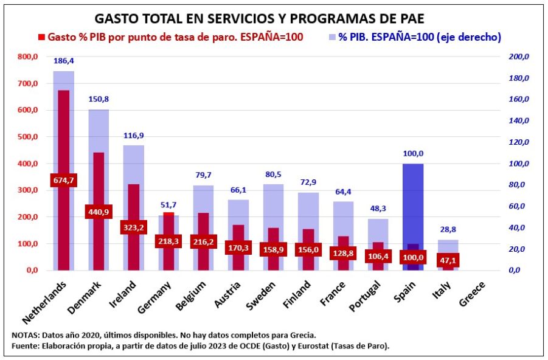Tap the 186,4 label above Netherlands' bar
pyautogui.click(x=63, y=61)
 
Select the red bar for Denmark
pyautogui.click(x=99, y=182)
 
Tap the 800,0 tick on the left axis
pyautogui.click(x=27, y=57)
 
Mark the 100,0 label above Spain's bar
pyautogui.click(x=413, y=154)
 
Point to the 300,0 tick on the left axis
pyautogui.click(x=27, y=190)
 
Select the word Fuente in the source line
pyautogui.click(x=25, y=346)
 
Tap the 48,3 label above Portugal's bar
pyautogui.click(x=378, y=209)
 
